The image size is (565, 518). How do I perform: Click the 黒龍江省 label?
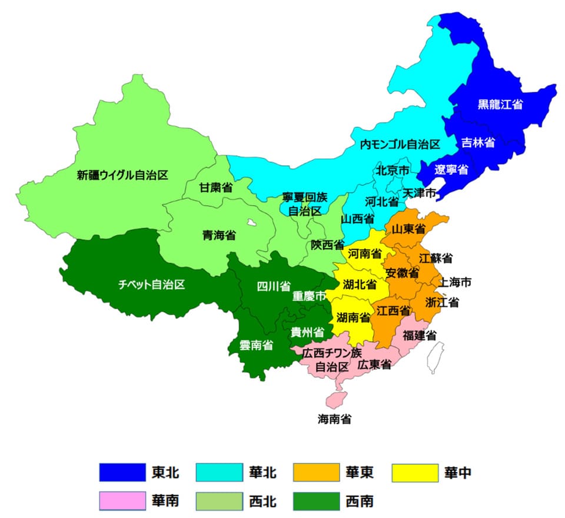coord(500,105)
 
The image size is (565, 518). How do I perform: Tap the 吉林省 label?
coord(477,142)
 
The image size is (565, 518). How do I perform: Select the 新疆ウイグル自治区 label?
coord(122,175)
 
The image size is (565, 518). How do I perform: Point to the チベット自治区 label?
coord(151,285)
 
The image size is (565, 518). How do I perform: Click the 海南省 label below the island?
coord(334,419)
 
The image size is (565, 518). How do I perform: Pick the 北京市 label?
coord(392,171)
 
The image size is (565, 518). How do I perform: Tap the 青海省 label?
coord(219,235)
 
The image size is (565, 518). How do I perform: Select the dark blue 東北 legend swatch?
coord(122,472)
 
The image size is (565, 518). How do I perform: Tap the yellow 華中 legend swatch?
coord(416,472)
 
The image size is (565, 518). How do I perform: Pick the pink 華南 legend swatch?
coord(122,501)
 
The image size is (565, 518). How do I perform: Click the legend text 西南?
coord(359,502)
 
